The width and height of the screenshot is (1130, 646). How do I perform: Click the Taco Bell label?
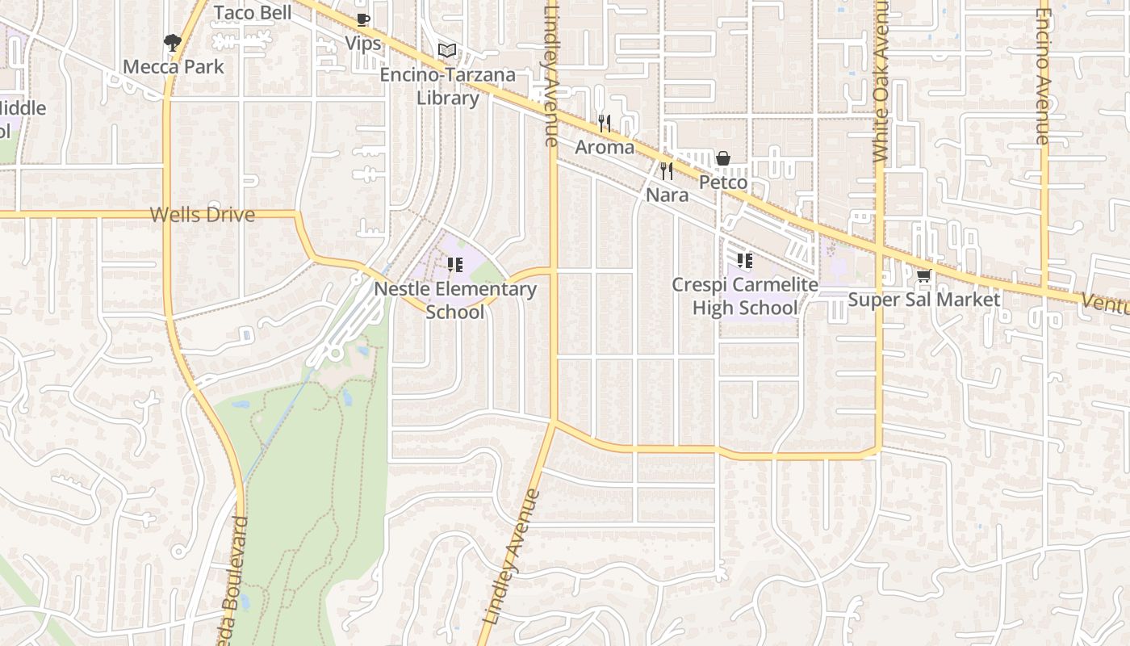[253, 12]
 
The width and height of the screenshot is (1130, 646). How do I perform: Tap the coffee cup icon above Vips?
[363, 19]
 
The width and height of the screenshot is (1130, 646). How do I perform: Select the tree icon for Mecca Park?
[172, 42]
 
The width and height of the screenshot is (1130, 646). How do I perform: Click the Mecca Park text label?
[174, 66]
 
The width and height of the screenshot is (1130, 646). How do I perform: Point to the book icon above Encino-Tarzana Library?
[447, 50]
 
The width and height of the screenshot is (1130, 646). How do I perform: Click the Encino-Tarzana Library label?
[448, 86]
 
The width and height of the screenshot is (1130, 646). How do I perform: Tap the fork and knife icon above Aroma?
[605, 123]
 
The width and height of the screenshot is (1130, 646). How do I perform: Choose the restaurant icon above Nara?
[667, 170]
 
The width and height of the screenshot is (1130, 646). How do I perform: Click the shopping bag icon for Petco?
[723, 157]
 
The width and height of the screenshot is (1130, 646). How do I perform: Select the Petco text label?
[723, 182]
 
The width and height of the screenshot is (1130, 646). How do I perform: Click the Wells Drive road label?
[203, 215]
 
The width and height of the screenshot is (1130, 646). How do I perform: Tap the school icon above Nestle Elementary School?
[455, 264]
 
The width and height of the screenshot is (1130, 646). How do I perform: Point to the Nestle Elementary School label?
[455, 300]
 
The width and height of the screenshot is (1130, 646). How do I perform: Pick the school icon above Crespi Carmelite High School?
[745, 261]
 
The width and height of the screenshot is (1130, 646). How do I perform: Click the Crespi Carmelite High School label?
[745, 296]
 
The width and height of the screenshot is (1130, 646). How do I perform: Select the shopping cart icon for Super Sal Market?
[924, 275]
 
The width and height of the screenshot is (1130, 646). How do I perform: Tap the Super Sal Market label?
[924, 300]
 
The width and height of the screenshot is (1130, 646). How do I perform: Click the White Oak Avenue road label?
[880, 81]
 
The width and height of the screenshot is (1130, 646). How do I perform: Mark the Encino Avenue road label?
[1043, 77]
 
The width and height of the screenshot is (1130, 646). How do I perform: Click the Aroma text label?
[605, 148]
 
